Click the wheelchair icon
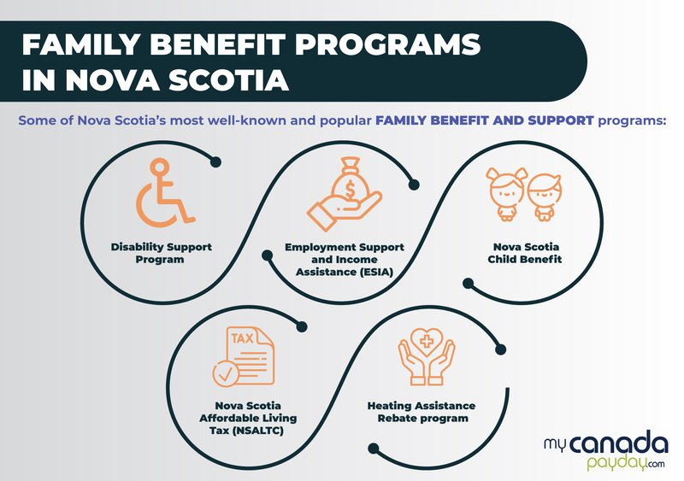[x=163, y=193]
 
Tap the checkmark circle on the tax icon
[x=226, y=373]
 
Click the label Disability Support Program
[x=161, y=253]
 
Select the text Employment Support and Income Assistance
[x=345, y=260]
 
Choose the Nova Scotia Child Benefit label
[x=525, y=253]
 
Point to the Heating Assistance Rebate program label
[x=422, y=412]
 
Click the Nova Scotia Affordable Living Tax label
[x=248, y=418]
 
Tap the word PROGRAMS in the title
[x=387, y=45]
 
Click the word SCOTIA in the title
[x=228, y=79]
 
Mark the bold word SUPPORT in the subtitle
[x=561, y=120]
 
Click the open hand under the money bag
[x=345, y=210]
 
